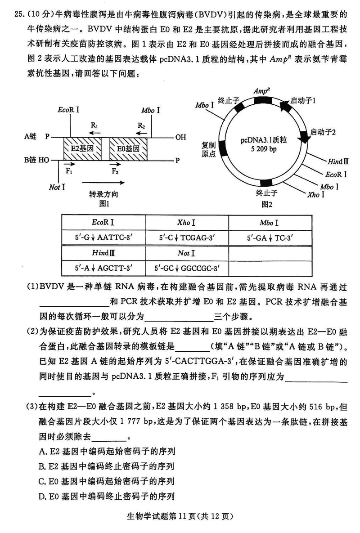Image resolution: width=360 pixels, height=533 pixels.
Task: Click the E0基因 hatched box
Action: (128, 148)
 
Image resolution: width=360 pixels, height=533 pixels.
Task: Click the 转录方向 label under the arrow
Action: (103, 194)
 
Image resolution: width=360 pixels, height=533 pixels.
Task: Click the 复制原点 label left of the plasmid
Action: (208, 149)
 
